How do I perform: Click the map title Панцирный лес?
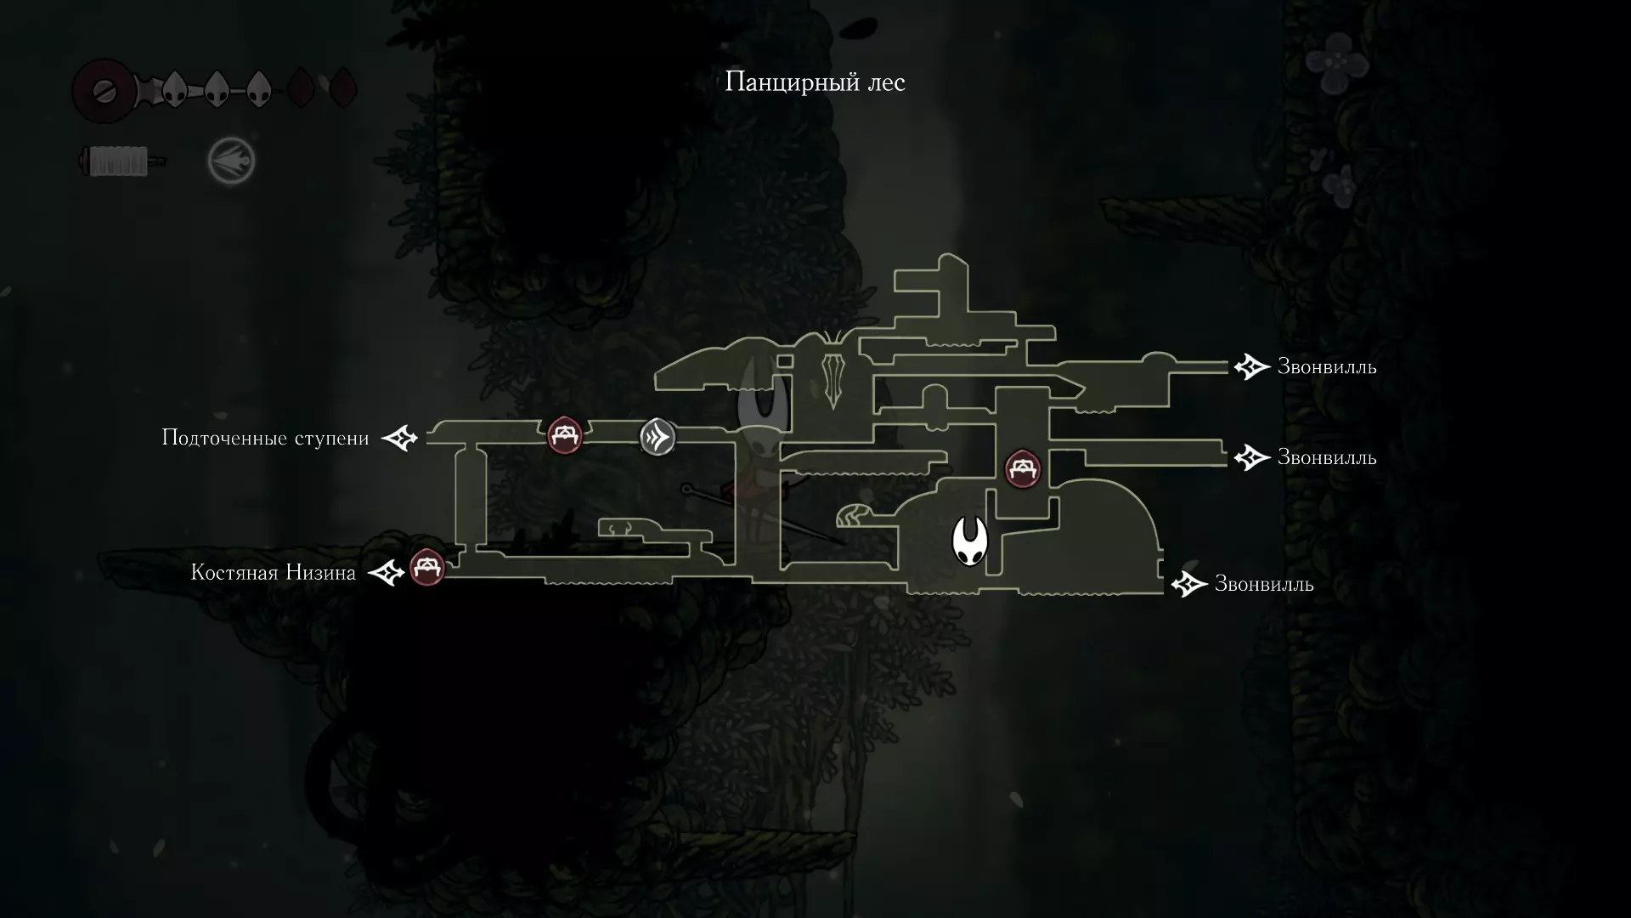pos(815,82)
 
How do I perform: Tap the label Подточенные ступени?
pos(265,439)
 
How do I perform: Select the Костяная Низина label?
pos(273,573)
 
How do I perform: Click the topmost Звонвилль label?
pos(1326,367)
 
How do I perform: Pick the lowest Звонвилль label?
pos(1263,584)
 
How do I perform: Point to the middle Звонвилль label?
pos(1326,457)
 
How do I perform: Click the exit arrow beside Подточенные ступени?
pos(399,439)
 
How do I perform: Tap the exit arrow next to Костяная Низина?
pos(386,573)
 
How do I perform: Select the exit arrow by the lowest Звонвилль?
pos(1188,584)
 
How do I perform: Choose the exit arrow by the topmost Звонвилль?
pos(1251,367)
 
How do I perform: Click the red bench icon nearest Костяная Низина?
pos(427,568)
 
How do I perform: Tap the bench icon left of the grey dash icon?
pos(565,436)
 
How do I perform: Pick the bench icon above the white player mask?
pos(1023,469)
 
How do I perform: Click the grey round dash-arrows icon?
pos(657,437)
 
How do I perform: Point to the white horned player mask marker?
pos(969,541)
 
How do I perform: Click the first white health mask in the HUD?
pos(174,88)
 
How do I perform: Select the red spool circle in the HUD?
pos(104,89)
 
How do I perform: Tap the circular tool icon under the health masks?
pos(231,161)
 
